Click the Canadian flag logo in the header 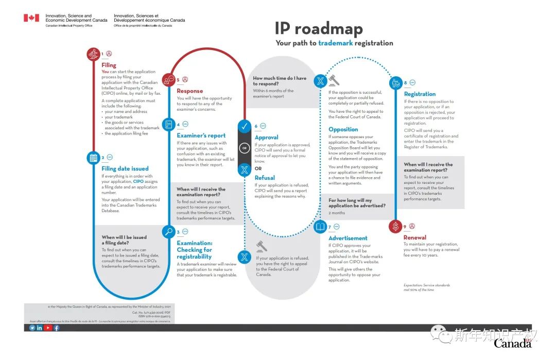31,18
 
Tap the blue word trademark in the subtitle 335,43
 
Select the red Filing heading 109,65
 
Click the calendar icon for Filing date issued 93,158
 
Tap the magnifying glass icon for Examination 168,232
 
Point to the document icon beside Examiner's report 168,125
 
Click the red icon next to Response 168,80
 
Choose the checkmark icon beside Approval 245,126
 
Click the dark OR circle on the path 245,148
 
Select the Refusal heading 265,178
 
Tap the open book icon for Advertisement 320,227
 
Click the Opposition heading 343,129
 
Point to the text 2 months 337,213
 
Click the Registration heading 420,94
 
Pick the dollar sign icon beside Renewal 395,226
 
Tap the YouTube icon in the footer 48,328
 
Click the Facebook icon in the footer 56,328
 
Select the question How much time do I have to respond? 280,81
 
